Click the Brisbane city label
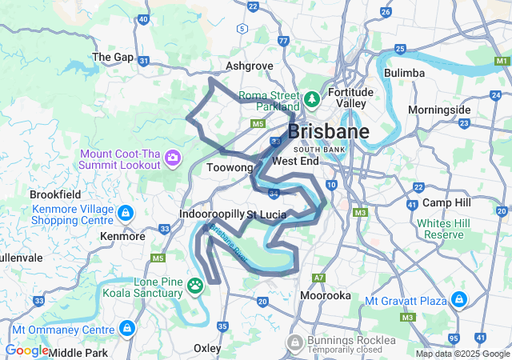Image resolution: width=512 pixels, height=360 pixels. coord(328,132)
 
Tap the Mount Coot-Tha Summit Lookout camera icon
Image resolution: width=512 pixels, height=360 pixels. coord(173,158)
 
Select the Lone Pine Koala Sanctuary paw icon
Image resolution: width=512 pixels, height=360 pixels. coord(196,284)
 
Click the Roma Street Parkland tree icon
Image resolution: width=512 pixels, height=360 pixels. coord(311,101)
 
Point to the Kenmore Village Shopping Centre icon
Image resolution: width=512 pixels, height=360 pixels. coord(126,214)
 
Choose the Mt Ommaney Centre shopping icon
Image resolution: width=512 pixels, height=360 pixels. coord(127,329)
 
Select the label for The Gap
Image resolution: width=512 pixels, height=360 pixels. coord(113,57)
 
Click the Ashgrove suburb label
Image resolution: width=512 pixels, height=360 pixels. coord(250,66)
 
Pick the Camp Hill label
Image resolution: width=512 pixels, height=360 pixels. coord(446,202)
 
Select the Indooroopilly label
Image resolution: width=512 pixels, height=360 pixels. coord(211,214)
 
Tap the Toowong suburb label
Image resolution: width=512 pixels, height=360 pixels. coord(230,168)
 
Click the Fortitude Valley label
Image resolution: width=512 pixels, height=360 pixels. coord(350,98)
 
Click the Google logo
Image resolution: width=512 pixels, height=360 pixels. coord(26,350)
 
